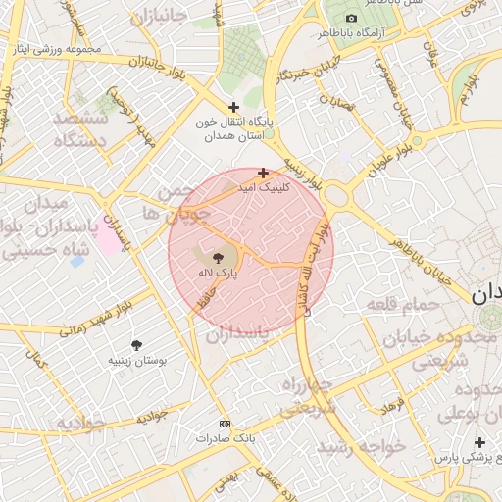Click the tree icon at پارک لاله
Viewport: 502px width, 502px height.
point(218,256)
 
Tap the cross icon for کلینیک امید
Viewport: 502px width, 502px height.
point(263,173)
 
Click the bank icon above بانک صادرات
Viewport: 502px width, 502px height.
point(225,424)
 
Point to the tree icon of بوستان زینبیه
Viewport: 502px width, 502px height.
point(137,344)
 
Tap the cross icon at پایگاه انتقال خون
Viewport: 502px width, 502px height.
point(232,107)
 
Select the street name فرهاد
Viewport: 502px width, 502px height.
point(391,405)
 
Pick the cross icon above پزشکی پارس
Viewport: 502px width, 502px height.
point(479,442)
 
